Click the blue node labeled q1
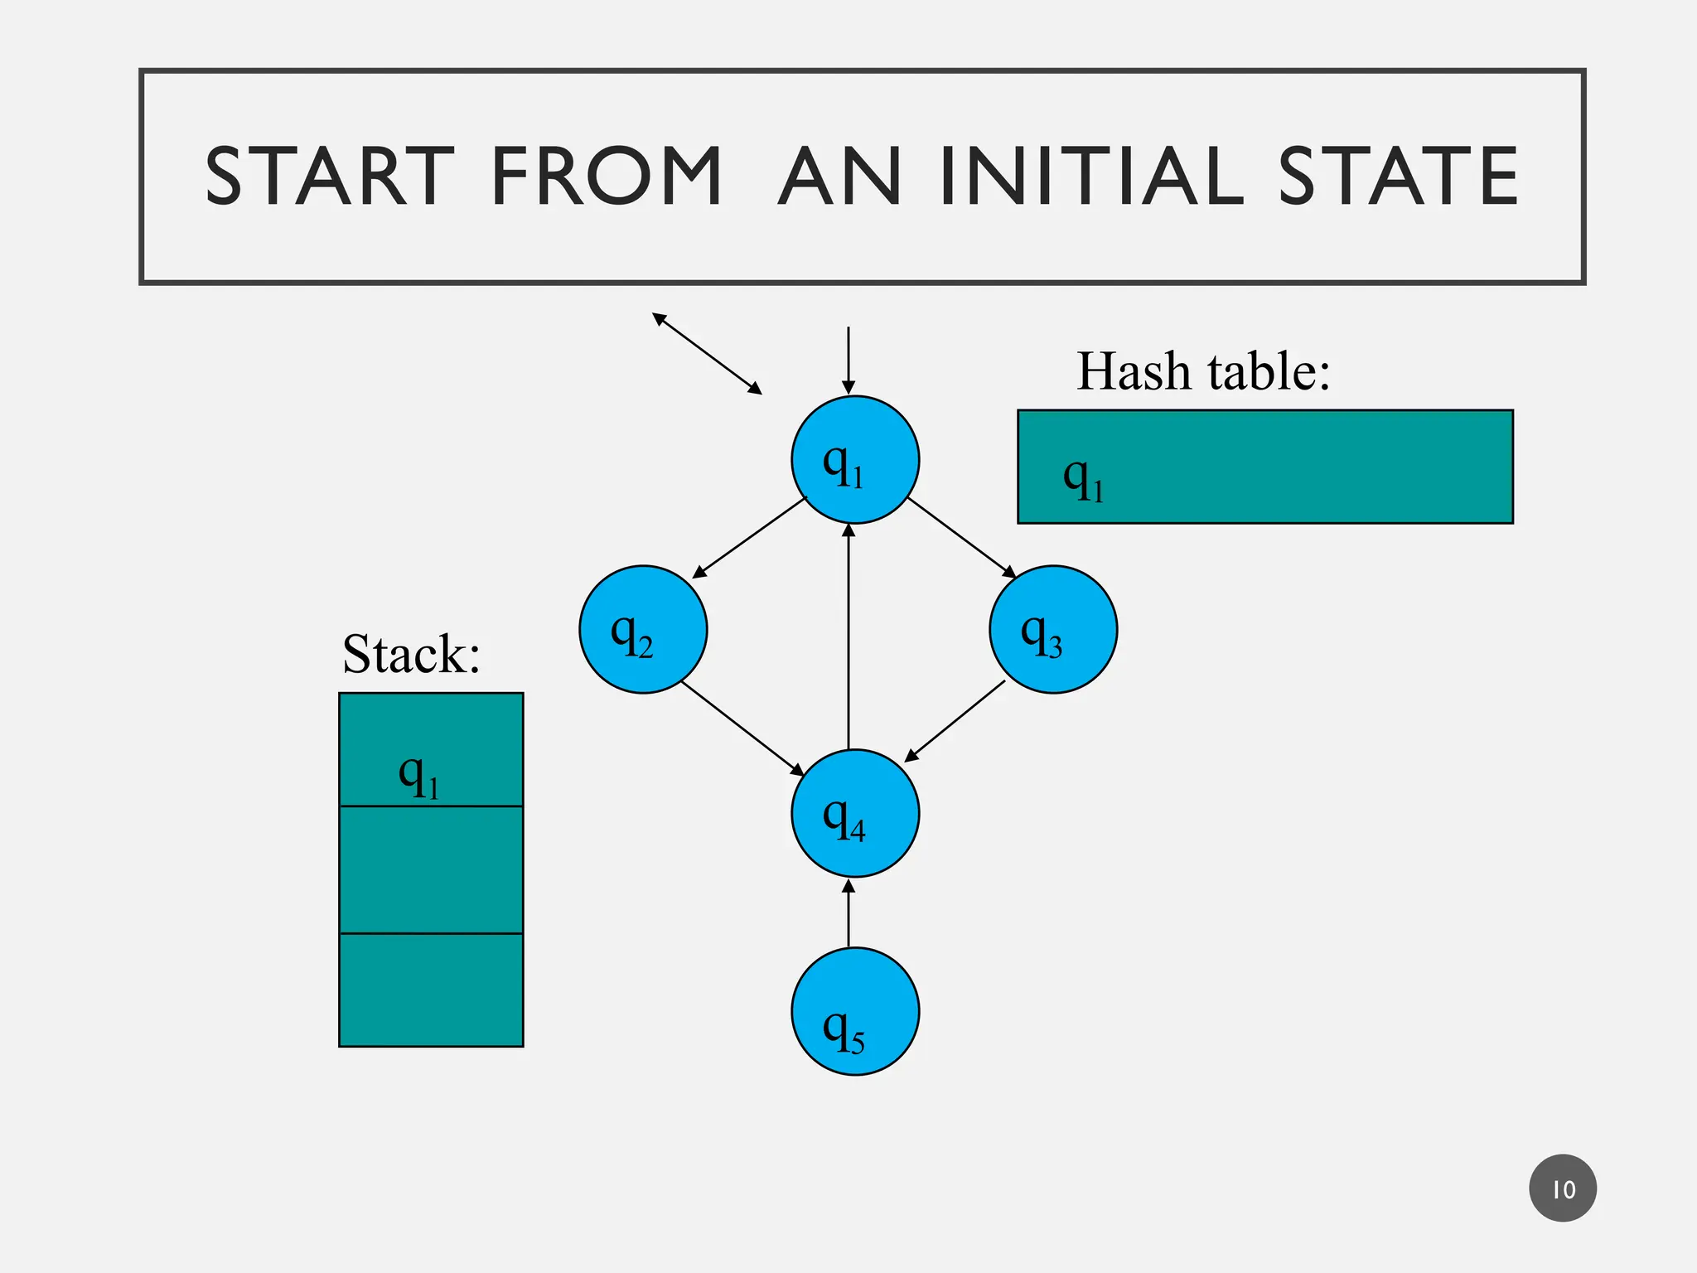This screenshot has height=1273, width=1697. click(854, 460)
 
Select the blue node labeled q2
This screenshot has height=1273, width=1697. click(643, 629)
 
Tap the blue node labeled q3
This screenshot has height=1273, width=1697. click(1052, 629)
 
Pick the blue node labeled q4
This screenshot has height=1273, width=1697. click(854, 813)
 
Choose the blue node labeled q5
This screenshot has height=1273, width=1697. click(854, 1011)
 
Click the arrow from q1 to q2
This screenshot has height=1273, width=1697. click(748, 538)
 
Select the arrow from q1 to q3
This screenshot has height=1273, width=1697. click(962, 538)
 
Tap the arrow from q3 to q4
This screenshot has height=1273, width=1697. click(955, 720)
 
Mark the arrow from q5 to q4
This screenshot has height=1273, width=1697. click(848, 912)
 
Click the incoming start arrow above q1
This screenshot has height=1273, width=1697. click(848, 361)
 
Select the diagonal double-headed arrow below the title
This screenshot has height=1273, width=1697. click(707, 353)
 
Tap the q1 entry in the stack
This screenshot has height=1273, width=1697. click(419, 774)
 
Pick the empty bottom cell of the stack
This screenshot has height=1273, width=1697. click(431, 990)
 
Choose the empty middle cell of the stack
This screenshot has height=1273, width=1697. click(431, 869)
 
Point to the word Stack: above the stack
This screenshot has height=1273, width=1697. click(411, 654)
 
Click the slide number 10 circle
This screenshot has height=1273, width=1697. click(1563, 1188)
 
